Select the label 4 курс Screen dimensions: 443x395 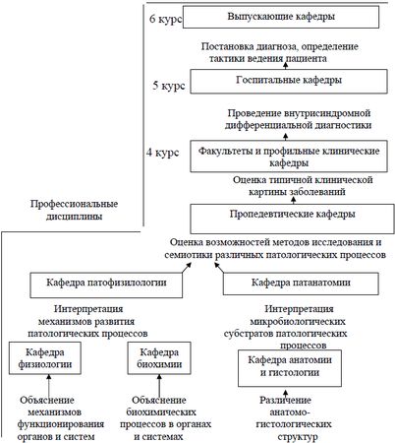(x=162, y=154)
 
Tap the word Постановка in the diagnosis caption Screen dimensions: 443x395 (x=231, y=46)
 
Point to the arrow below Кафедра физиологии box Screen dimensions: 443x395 (x=39, y=385)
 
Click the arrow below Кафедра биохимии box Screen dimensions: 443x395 (x=160, y=385)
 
